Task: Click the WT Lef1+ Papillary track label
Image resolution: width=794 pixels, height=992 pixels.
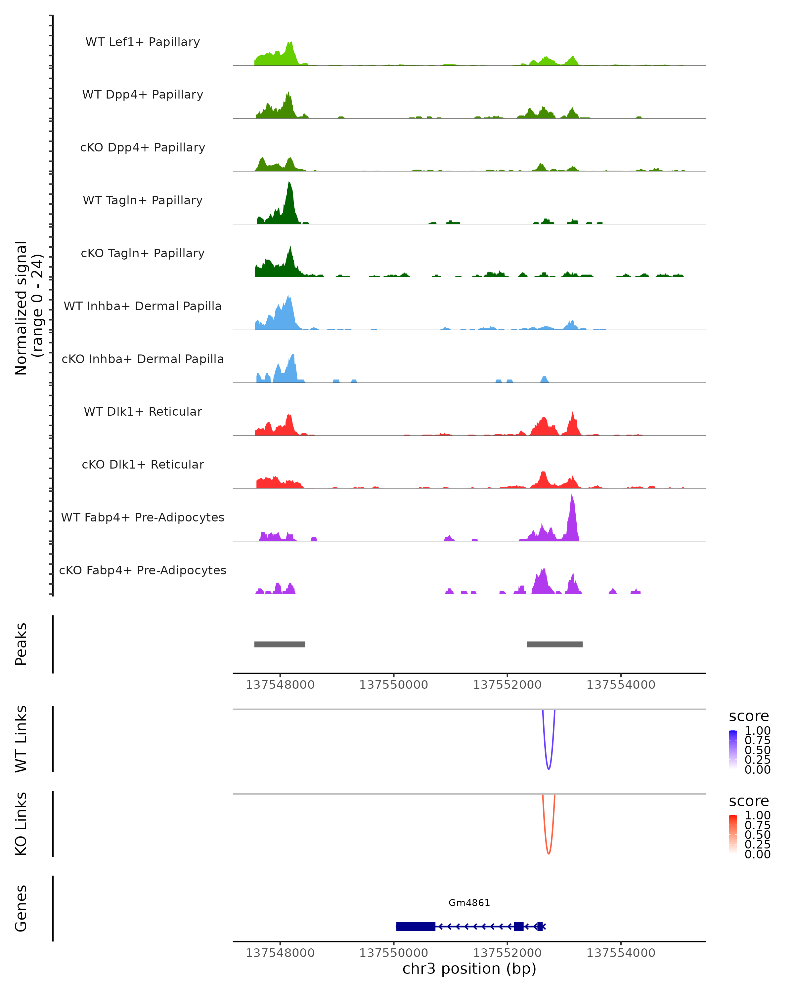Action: tap(143, 42)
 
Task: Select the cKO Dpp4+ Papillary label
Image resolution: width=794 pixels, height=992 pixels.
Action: tap(143, 148)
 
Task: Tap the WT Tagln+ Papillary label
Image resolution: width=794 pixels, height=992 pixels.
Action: tap(143, 201)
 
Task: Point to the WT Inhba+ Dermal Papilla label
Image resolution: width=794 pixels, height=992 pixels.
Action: tap(143, 307)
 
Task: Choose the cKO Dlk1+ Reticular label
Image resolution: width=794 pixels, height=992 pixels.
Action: tap(143, 465)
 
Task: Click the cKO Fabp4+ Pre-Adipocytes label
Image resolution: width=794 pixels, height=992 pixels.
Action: tap(143, 570)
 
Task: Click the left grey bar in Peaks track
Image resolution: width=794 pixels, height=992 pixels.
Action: tap(280, 644)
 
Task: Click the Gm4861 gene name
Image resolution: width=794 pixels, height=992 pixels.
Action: tap(469, 903)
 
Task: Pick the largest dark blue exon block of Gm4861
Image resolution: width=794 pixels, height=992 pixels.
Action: tap(415, 927)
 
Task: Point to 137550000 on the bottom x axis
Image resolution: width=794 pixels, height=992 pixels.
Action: tap(394, 953)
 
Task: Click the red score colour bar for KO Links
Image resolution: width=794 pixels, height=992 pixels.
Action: tap(733, 834)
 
